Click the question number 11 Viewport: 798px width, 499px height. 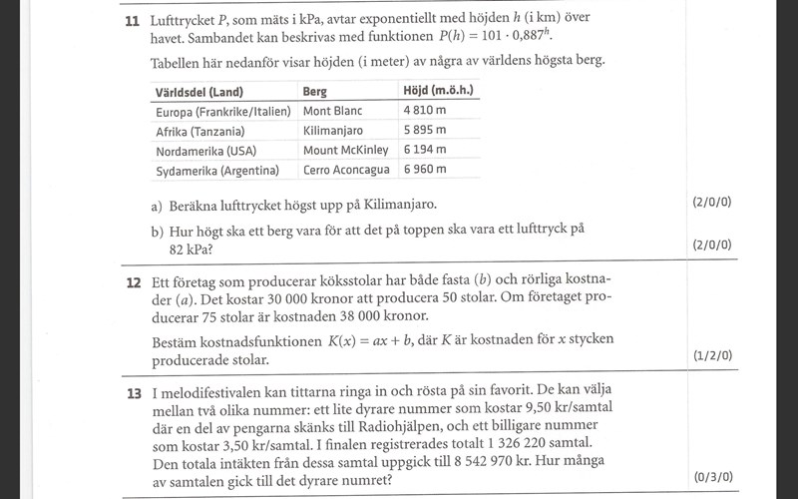pyautogui.click(x=132, y=20)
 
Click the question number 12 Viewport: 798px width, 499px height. pyautogui.click(x=133, y=282)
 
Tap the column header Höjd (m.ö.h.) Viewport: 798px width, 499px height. pyautogui.click(x=437, y=92)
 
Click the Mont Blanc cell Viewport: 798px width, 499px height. pyautogui.click(x=332, y=111)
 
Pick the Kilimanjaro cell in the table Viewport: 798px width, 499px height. pyautogui.click(x=333, y=131)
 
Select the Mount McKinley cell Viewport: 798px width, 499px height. pyautogui.click(x=345, y=151)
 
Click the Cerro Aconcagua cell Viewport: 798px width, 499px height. pyautogui.click(x=346, y=171)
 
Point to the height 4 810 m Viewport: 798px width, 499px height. pyautogui.click(x=424, y=111)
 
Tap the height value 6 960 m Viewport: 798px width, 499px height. pyautogui.click(x=424, y=171)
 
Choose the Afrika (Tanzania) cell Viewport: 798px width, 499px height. pyautogui.click(x=200, y=131)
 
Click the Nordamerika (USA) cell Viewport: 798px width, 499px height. pyautogui.click(x=206, y=151)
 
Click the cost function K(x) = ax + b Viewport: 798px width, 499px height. pyautogui.click(x=402, y=339)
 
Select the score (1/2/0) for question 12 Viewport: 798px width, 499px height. pyautogui.click(x=711, y=355)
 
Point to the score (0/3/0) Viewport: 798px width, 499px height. pyautogui.click(x=711, y=477)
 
